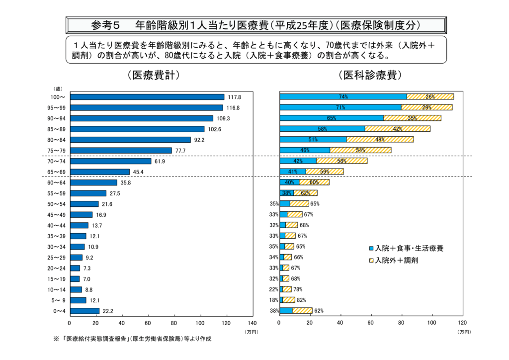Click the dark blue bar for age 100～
click(148, 97)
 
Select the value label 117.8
click(234, 97)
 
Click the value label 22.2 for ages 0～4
click(108, 311)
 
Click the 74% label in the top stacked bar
click(343, 96)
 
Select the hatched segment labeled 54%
click(360, 150)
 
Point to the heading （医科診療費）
click(370, 75)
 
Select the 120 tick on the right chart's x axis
click(462, 322)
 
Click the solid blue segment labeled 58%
click(323, 129)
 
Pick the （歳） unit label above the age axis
click(58, 88)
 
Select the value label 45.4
click(139, 172)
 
